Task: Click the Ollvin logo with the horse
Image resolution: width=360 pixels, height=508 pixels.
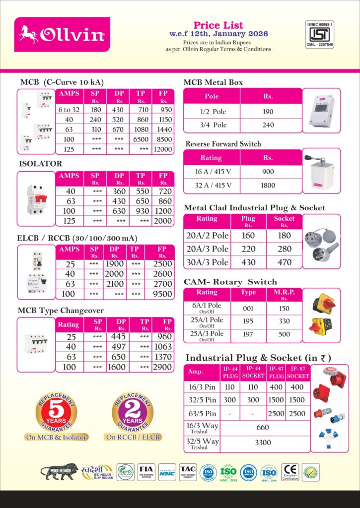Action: pos(62,34)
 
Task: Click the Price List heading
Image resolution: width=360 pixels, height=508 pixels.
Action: pos(218,25)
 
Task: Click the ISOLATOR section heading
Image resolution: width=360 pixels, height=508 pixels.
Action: pos(40,163)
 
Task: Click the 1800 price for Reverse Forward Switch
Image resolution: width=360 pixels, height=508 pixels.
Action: pos(268,186)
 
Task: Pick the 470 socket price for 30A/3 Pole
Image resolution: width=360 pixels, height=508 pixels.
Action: pos(284,262)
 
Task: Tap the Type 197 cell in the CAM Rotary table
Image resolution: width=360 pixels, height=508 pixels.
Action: pos(248,335)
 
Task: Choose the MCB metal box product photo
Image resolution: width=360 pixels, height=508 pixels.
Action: pos(321,111)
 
